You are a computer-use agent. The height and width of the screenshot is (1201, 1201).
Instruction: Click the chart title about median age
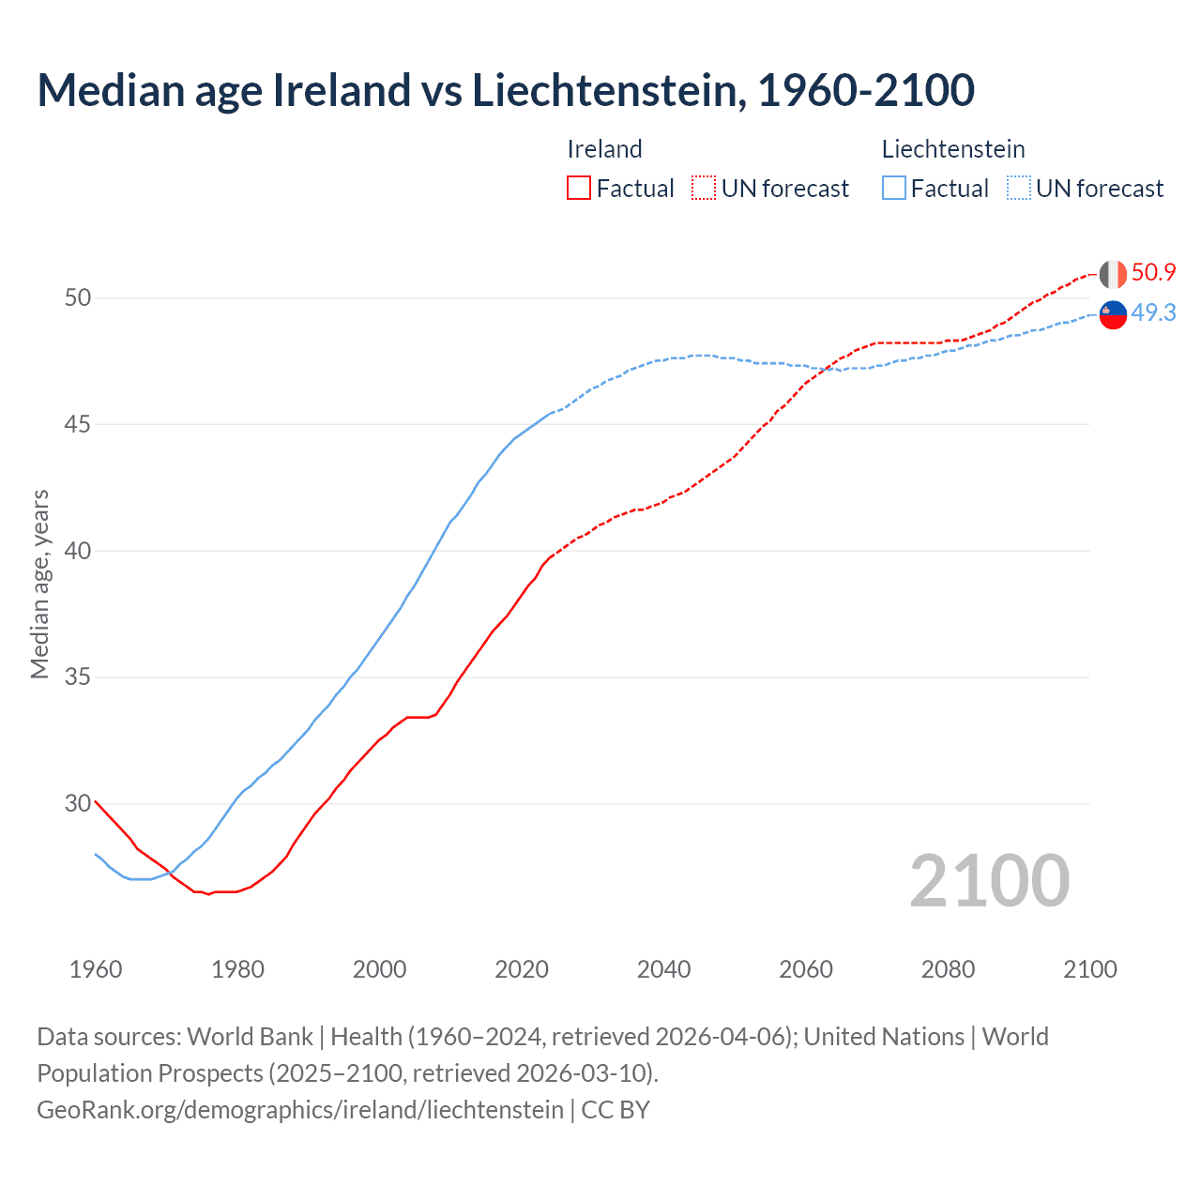point(506,90)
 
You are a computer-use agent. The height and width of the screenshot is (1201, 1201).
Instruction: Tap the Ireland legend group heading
point(604,149)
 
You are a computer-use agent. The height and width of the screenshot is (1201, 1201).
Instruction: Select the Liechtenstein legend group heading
point(952,149)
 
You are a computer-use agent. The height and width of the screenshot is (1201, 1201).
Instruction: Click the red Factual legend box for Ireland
point(579,189)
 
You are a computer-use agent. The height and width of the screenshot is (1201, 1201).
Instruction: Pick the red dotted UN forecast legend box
point(704,189)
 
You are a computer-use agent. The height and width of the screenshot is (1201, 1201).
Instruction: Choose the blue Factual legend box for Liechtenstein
point(894,189)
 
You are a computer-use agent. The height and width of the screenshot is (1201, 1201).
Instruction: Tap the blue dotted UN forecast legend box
point(1019,189)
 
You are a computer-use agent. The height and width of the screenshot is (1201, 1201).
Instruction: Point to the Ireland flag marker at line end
point(1113,274)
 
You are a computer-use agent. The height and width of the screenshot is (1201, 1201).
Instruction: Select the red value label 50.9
point(1153,273)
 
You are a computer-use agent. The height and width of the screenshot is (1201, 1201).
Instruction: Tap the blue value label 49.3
point(1153,313)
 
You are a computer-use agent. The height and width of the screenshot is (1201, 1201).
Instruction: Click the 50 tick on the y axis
point(78,298)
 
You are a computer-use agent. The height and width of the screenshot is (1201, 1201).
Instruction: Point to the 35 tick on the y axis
point(78,677)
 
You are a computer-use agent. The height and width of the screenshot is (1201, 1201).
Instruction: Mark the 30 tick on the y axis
point(78,804)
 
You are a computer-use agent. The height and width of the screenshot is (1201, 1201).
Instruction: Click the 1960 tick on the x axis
point(96,970)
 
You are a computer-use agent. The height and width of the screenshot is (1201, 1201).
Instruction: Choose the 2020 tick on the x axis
point(522,970)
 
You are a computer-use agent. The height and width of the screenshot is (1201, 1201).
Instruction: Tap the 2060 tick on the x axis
point(806,970)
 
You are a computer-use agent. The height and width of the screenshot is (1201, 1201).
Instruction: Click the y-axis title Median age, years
point(39,584)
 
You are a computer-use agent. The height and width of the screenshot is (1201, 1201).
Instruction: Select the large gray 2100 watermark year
point(989,881)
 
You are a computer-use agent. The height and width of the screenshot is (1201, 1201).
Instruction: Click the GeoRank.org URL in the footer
point(300,1110)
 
